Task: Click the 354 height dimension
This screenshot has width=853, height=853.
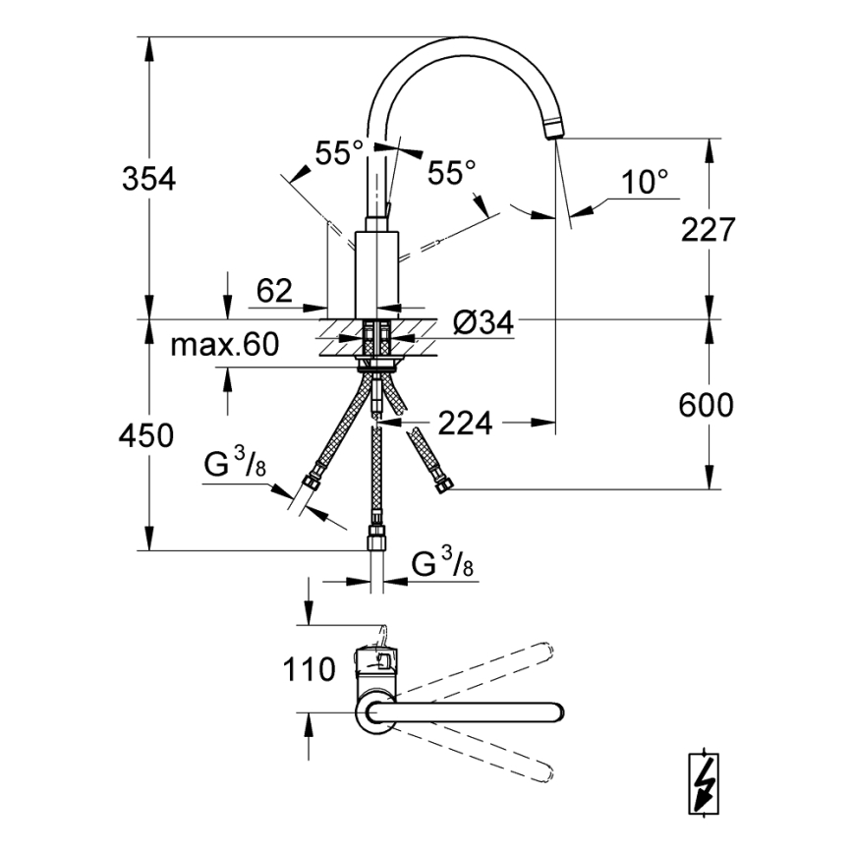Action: (148, 180)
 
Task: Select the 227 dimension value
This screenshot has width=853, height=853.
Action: (707, 230)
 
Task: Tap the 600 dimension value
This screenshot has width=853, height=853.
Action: (707, 404)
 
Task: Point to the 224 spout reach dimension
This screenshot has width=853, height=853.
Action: (466, 423)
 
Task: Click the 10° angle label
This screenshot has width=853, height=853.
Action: (645, 181)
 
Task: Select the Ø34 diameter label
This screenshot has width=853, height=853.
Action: (484, 321)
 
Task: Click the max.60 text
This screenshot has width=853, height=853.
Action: (226, 345)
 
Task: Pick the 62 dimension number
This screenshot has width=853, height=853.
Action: (275, 291)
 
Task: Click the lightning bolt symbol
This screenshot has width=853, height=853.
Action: (703, 782)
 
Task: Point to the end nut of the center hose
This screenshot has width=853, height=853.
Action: (375, 538)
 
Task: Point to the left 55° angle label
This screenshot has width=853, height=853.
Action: (339, 153)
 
